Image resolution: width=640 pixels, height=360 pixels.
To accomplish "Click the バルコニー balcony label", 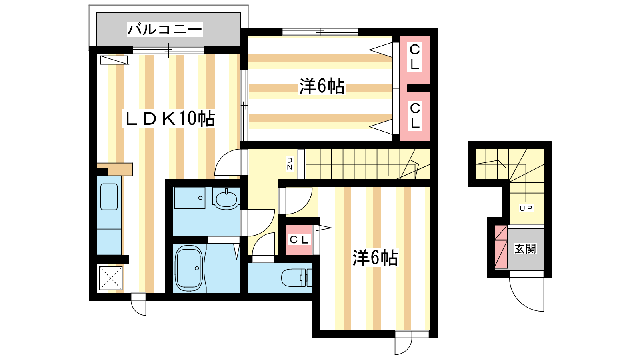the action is tap(165, 30).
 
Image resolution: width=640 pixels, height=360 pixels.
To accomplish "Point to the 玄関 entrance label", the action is tap(525, 248).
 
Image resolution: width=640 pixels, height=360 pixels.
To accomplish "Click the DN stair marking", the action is tap(290, 164).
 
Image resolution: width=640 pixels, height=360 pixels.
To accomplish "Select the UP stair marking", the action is tap(526, 208).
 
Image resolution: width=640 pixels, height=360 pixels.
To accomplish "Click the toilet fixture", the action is tap(296, 278).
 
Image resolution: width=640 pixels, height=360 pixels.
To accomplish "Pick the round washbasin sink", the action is tap(226, 198).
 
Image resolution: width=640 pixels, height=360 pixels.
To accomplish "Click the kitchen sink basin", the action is tap(109, 197).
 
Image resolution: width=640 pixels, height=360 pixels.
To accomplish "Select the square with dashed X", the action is tap(110, 278).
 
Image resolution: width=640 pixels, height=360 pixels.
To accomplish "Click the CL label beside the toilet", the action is tap(299, 240).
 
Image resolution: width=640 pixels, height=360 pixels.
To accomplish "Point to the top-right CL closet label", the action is tap(414, 57).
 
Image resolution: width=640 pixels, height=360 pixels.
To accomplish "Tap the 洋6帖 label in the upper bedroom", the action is tap(322, 86).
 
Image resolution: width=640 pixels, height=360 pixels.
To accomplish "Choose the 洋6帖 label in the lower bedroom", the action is tap(375, 258).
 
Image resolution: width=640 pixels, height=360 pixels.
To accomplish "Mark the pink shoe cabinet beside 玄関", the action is tap(501, 247).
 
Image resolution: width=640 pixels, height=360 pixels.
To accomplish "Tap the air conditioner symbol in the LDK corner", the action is tap(114, 60).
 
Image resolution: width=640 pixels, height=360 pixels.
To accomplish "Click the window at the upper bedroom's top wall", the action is tap(320, 32).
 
